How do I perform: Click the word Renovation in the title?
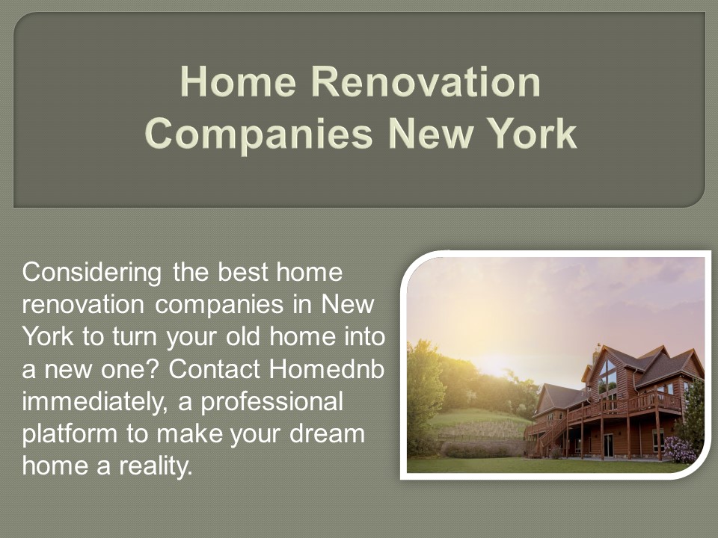[426, 82]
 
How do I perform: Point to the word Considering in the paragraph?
[92, 273]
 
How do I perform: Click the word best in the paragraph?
[230, 273]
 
